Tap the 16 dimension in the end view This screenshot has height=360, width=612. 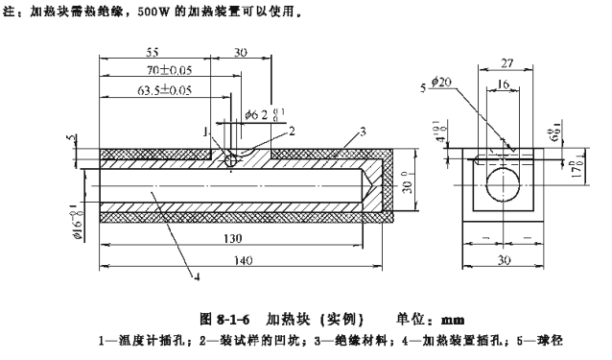pos(504,84)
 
